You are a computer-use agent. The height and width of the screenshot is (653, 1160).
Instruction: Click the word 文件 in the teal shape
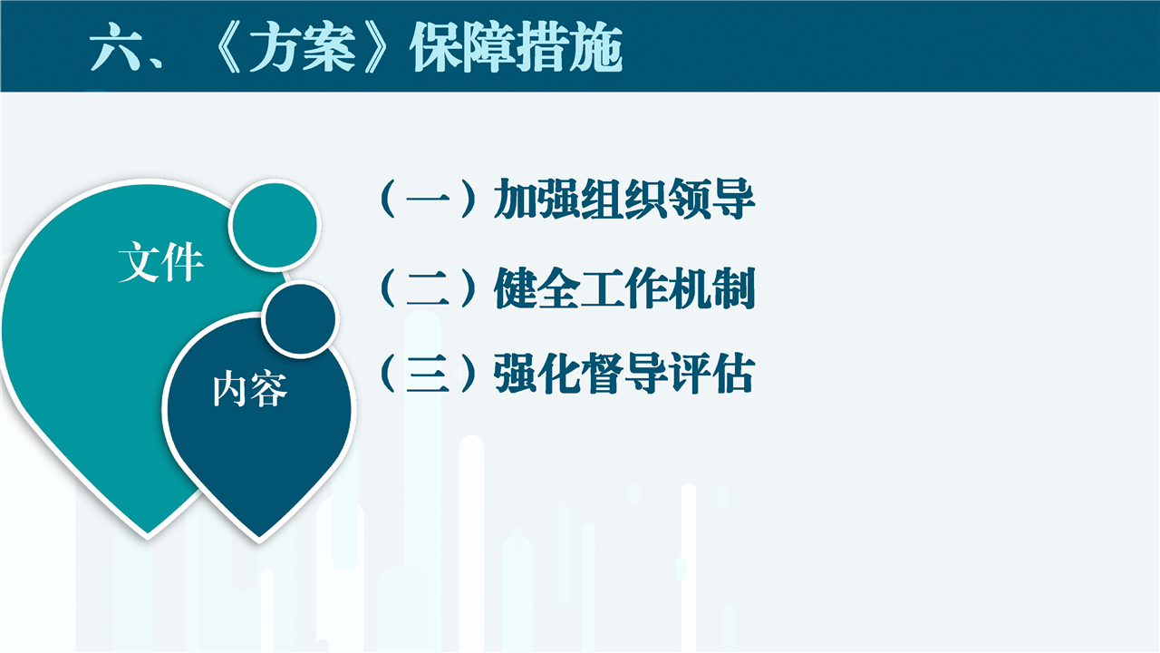point(161,262)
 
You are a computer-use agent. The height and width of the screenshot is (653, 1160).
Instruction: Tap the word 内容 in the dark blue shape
point(249,389)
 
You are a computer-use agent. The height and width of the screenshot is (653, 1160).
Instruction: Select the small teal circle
point(275,225)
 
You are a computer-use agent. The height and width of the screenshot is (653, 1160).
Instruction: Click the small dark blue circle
point(300,318)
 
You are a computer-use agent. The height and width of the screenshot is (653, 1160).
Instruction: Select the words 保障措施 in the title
point(517,48)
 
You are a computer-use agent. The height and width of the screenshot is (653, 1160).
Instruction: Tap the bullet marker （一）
point(428,199)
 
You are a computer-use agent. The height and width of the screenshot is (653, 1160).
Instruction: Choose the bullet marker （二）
point(428,288)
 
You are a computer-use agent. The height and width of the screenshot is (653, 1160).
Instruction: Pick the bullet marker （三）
point(428,373)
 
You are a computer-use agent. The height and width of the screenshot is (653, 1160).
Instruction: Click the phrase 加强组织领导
point(624,199)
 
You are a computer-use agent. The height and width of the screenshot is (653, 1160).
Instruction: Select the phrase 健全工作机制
point(624,288)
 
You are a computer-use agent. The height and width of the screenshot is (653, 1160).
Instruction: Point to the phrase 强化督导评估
point(624,373)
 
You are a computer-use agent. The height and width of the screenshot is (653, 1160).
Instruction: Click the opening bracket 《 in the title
point(227,47)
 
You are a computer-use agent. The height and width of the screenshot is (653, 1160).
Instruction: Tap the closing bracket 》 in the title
point(377,47)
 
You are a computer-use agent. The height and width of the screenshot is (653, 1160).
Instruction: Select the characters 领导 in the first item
point(711,199)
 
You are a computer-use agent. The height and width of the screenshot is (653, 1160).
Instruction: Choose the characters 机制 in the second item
point(711,288)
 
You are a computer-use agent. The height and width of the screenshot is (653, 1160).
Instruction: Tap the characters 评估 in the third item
point(711,373)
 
